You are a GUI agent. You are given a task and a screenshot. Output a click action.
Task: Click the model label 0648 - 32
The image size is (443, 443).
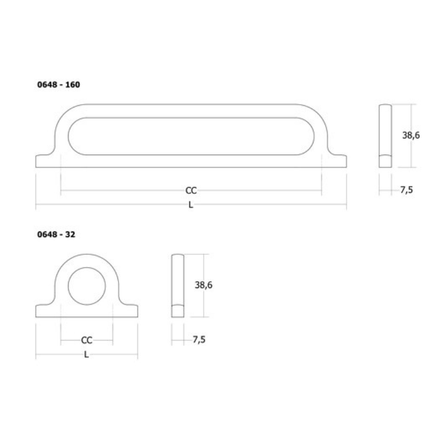(56, 234)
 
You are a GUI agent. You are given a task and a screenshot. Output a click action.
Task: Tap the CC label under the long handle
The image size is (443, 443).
(191, 190)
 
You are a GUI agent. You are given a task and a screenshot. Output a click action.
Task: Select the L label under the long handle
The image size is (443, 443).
(190, 205)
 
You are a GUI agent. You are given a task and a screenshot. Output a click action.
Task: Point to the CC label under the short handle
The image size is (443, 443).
(86, 340)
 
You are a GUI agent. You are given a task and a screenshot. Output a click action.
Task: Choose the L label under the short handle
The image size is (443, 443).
(86, 354)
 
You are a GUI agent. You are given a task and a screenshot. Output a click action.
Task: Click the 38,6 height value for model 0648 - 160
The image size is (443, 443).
(410, 134)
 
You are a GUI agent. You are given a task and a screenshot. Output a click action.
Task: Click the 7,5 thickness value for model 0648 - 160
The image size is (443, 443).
(406, 190)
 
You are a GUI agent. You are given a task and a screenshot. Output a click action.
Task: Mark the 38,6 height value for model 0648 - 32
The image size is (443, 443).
(204, 285)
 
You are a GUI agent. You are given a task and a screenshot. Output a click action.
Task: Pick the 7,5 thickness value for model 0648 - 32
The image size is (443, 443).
(199, 340)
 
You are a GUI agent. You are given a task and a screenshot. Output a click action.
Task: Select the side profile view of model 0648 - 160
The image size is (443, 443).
(385, 135)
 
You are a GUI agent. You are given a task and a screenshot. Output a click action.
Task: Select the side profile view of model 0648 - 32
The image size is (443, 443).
(177, 285)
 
